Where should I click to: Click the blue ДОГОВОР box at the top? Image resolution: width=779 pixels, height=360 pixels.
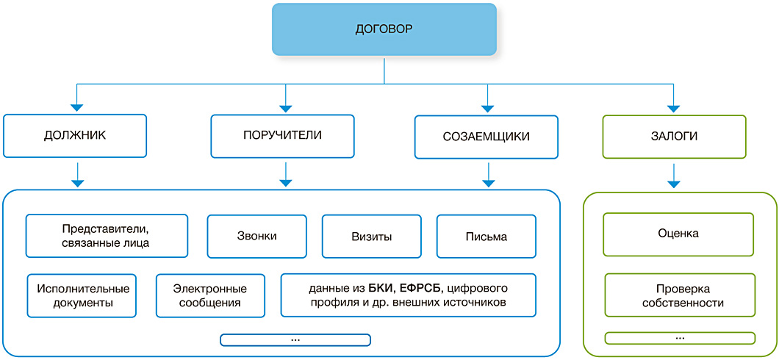coord(384,30)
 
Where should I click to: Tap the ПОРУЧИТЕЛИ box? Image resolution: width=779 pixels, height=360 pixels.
coord(283,135)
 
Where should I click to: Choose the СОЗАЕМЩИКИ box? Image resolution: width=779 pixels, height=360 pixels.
coord(487,137)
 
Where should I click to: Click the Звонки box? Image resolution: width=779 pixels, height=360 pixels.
coord(256,237)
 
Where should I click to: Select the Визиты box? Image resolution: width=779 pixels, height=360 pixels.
coord(371,237)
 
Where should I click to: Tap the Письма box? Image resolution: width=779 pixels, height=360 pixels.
coord(486,237)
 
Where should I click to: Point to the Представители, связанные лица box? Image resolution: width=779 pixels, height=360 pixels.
coord(107,236)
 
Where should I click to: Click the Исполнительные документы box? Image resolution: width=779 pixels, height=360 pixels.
coord(82,295)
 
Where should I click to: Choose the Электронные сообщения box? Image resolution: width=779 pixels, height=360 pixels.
coord(210,295)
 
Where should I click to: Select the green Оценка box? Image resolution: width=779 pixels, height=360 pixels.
coord(678,234)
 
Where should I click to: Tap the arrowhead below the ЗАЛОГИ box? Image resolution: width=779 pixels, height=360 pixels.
coord(674,181)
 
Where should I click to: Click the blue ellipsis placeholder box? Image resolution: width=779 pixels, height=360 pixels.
coord(295,339)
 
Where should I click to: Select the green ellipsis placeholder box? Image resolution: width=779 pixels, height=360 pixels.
coord(680,338)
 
